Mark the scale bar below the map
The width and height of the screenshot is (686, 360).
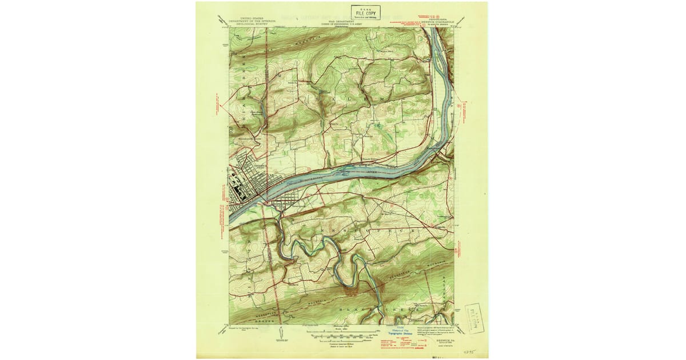click(341, 335)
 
